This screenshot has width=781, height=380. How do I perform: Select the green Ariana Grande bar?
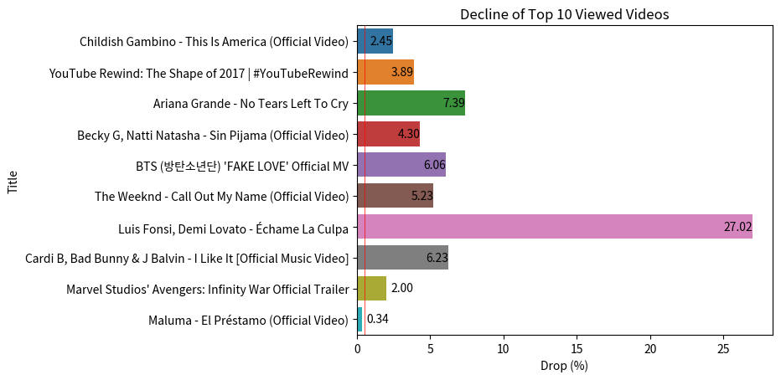pos(411,103)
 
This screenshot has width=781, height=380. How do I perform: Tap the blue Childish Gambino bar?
pos(375,41)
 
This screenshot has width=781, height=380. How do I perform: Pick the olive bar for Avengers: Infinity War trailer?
pos(372,288)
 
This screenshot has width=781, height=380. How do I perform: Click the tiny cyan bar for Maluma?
pos(360,319)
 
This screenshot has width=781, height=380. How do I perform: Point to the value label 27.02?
pos(737,227)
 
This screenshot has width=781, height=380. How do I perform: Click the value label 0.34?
pos(378,319)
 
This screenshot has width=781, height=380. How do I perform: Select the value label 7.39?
pos(453,103)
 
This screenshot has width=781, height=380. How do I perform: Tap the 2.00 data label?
pos(401,288)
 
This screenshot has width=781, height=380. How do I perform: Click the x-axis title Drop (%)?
pos(565,367)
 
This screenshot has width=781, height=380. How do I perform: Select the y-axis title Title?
pos(13,181)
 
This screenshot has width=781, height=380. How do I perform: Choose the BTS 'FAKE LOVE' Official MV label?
pos(241,166)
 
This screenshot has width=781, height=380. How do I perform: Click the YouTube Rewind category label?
pos(199,73)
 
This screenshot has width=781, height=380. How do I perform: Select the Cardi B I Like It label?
pos(187,258)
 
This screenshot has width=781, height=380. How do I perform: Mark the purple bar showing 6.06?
pos(401,165)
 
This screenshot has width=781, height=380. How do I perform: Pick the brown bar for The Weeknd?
pos(395,196)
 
